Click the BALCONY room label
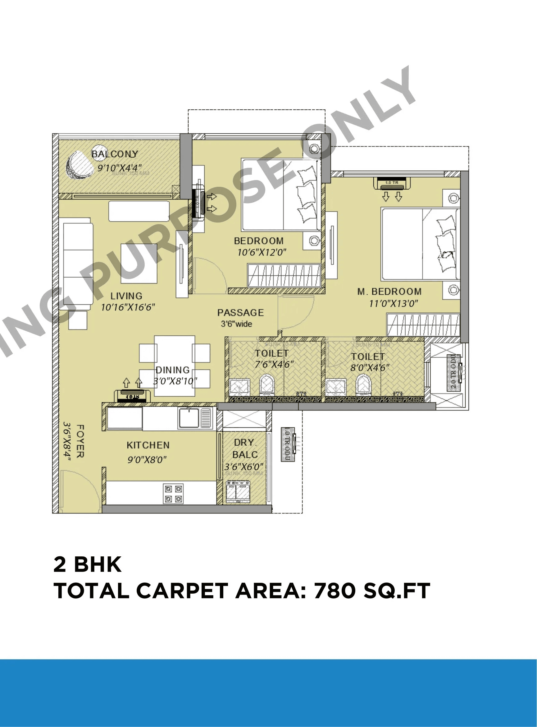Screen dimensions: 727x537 [x=114, y=154]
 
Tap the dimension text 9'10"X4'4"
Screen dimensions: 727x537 [x=119, y=168]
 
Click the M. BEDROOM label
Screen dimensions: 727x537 [x=389, y=292]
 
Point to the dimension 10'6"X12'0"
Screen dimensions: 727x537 [x=262, y=252]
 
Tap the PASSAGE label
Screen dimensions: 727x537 [x=240, y=313]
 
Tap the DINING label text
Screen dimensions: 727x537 [x=172, y=370]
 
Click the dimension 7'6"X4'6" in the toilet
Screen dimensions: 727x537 [x=274, y=364]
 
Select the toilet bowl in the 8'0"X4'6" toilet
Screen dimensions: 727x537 [x=363, y=385]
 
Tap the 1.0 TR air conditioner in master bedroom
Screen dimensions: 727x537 [x=392, y=183]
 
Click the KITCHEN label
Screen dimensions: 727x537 [x=148, y=445]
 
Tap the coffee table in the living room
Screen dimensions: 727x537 [x=139, y=264]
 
